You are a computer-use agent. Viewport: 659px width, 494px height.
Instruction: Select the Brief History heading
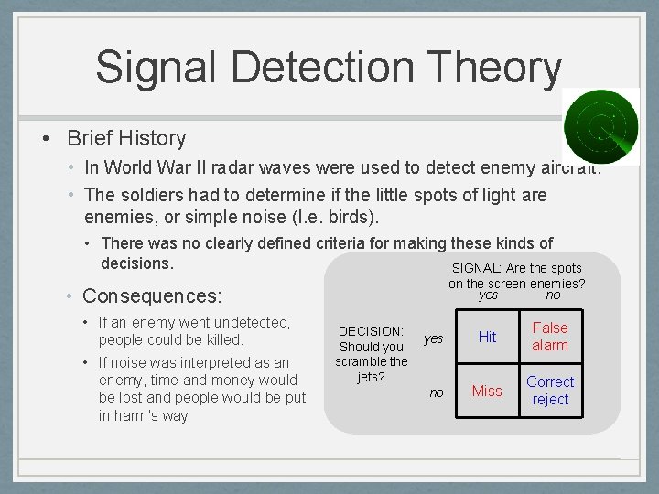pos(126,138)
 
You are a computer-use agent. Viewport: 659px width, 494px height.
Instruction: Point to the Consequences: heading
pos(152,295)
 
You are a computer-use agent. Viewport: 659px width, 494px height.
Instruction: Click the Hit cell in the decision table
pos(487,337)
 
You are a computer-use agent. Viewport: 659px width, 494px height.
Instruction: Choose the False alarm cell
pos(550,337)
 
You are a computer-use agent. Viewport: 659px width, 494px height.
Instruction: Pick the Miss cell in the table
pos(487,391)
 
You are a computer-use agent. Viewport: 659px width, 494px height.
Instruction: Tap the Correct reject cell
pos(550,391)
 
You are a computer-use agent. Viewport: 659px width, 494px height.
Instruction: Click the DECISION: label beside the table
pos(371,331)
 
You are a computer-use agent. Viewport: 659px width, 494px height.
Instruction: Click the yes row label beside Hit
pos(433,338)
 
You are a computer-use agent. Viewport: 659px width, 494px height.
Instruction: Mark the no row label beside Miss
pos(437,392)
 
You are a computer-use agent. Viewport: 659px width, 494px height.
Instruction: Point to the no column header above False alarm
pos(553,295)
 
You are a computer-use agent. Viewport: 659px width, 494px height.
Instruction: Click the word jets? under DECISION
pos(371,376)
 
